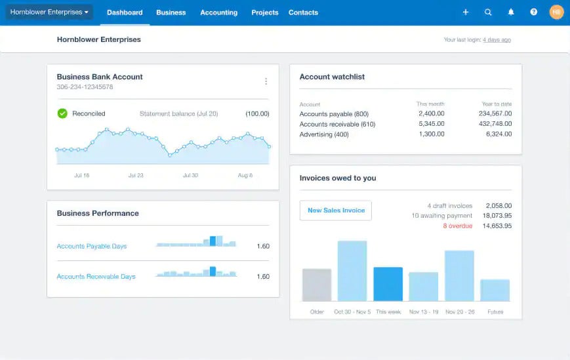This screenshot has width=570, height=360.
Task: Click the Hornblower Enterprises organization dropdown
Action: (49, 12)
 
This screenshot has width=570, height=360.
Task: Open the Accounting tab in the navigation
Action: (218, 12)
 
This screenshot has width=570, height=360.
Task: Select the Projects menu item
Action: (264, 12)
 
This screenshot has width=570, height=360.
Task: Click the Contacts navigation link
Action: (303, 12)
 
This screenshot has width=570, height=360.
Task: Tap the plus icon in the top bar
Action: (466, 12)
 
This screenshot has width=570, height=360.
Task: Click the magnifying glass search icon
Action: (488, 12)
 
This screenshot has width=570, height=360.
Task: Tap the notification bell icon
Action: (511, 12)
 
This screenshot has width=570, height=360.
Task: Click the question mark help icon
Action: (533, 12)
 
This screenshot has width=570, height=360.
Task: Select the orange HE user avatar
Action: (556, 12)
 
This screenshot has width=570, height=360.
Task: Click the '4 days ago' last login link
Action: (497, 40)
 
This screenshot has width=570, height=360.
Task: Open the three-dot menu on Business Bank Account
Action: (266, 81)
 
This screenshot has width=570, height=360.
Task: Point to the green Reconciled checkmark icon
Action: (62, 113)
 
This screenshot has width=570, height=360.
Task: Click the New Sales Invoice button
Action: (336, 210)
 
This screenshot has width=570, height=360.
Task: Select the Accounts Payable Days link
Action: (92, 247)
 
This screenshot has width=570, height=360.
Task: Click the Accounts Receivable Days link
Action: (96, 277)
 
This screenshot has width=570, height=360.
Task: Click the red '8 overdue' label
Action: (457, 226)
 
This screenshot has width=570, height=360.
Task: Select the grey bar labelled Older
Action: (317, 285)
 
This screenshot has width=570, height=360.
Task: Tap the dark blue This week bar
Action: (388, 284)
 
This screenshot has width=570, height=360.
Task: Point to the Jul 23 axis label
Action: (136, 176)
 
